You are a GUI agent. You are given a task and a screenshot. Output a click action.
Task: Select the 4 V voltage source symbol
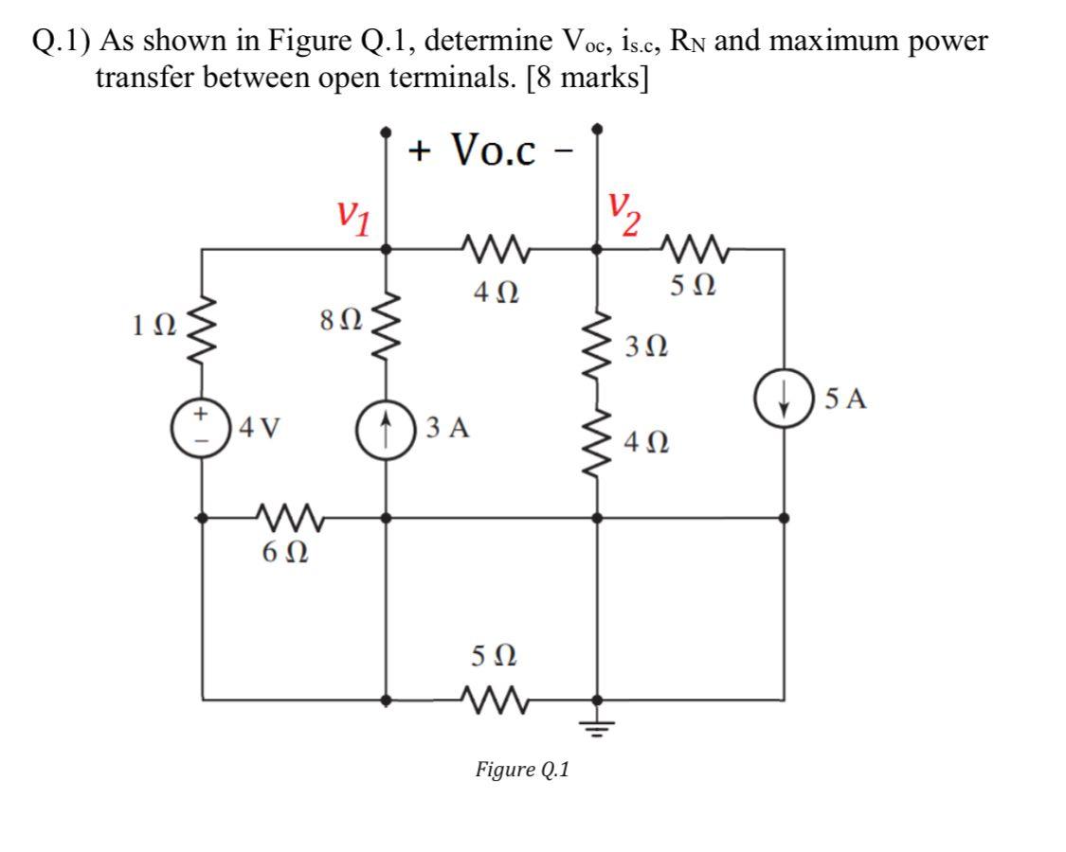click(201, 428)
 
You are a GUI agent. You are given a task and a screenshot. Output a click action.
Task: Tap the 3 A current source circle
click(386, 428)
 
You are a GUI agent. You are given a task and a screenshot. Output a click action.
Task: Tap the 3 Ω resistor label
click(647, 346)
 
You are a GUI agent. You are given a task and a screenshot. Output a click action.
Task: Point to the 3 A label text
click(447, 429)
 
